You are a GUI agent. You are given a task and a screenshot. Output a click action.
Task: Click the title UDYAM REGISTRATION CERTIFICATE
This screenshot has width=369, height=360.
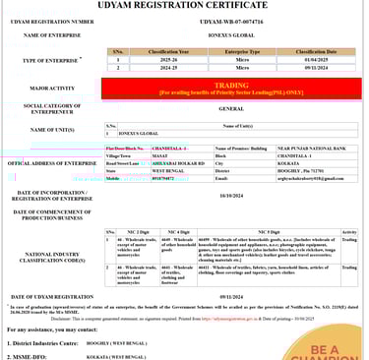184,6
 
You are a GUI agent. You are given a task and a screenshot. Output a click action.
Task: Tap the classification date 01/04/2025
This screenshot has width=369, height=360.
317,59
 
